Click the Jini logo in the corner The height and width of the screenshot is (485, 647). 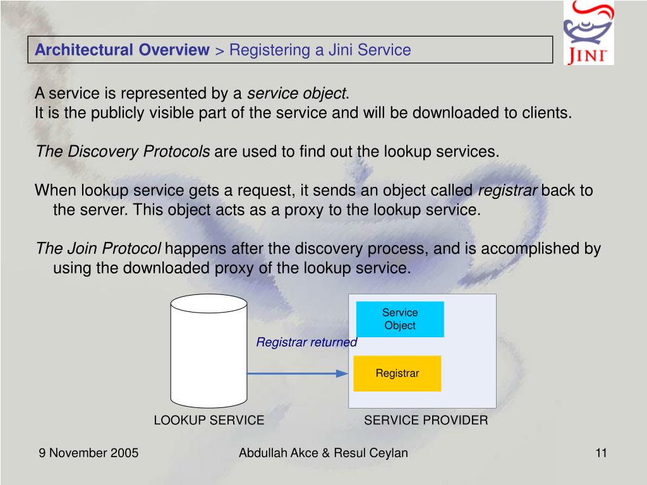click(588, 33)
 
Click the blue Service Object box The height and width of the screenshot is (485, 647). click(400, 319)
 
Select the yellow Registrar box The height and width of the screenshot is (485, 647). click(397, 373)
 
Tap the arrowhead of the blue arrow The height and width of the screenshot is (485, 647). click(342, 373)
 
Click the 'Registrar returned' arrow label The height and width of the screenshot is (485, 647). click(306, 342)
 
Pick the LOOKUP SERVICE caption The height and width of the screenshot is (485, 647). click(209, 421)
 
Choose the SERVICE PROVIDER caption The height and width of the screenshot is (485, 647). click(426, 421)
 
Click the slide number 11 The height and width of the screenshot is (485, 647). click(601, 453)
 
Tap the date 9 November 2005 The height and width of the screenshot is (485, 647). click(88, 453)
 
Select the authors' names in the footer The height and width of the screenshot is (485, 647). click(323, 453)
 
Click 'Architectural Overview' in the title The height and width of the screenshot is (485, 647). click(122, 50)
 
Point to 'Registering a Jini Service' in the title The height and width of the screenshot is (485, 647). click(320, 50)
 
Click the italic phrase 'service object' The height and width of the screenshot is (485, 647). click(296, 94)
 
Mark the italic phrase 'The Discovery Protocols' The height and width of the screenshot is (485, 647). click(123, 152)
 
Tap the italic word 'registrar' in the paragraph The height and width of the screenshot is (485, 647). click(508, 191)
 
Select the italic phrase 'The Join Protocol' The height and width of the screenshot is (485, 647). click(99, 249)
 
